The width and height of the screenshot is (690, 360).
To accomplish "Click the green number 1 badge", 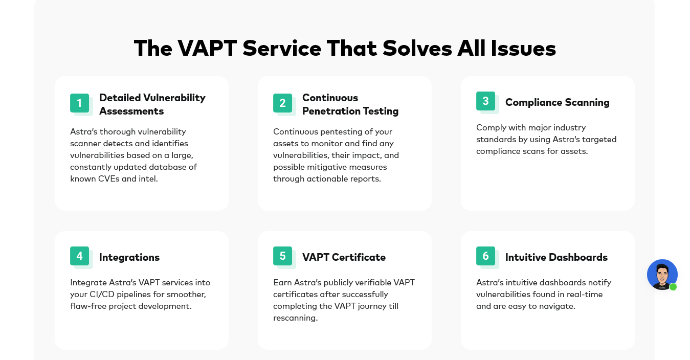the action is click(79, 103).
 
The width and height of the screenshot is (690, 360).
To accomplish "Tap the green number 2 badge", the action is click(282, 103).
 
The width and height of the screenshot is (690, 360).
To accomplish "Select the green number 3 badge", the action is click(485, 101).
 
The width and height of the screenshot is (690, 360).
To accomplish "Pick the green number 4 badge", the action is click(79, 256).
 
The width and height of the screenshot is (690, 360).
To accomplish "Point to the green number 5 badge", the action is click(282, 256).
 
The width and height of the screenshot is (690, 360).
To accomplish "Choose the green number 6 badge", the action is click(485, 256).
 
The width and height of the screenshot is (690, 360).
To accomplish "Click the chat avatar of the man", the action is click(662, 275).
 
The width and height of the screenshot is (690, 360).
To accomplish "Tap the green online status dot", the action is click(673, 287).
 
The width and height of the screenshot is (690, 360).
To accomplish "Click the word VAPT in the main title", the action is click(207, 49).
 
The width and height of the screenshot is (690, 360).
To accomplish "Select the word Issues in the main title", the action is click(523, 49).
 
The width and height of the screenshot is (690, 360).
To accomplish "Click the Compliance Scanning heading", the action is click(557, 103).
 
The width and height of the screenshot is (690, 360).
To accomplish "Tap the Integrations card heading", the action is click(129, 257).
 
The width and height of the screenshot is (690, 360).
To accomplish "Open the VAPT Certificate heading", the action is click(344, 257).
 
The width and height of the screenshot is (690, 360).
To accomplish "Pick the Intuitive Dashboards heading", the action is click(557, 257).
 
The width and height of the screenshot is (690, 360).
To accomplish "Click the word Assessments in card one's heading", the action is click(131, 111).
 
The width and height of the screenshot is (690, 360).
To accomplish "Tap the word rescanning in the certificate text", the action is click(296, 318).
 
